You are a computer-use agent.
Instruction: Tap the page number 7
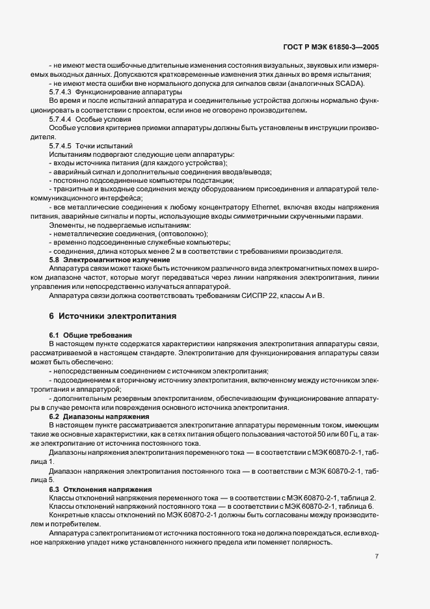(x=377, y=556)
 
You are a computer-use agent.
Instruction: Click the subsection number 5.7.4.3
(x=60, y=93)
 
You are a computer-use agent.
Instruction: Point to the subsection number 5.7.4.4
(x=60, y=120)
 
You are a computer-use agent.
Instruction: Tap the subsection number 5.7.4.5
(x=60, y=146)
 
